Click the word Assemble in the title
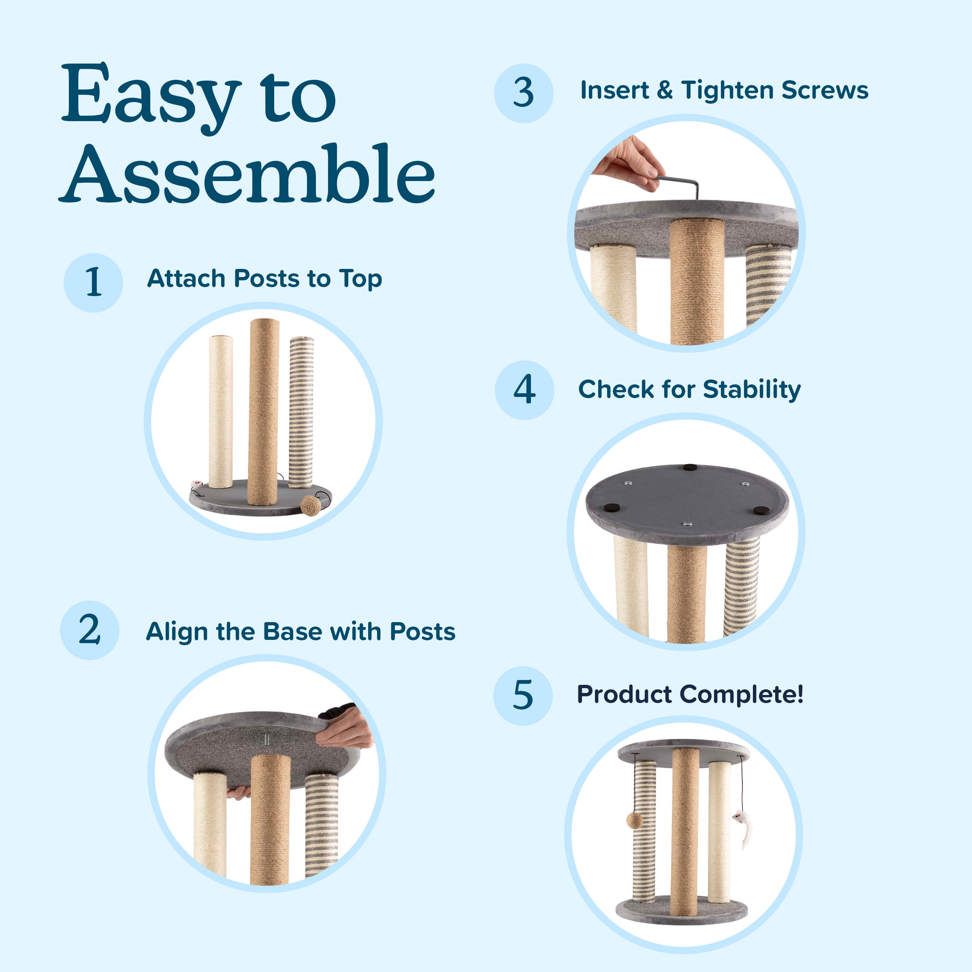point(247,174)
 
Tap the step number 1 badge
point(93,283)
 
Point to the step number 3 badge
point(523,93)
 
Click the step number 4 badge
point(524,390)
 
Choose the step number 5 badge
point(523,696)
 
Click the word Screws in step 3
point(825,91)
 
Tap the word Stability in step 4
point(752,390)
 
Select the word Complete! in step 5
point(742,695)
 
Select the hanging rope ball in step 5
point(634,821)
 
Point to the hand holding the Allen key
point(629,164)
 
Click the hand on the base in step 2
point(345,727)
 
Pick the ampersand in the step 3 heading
point(665,91)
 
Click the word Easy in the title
point(151,96)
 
